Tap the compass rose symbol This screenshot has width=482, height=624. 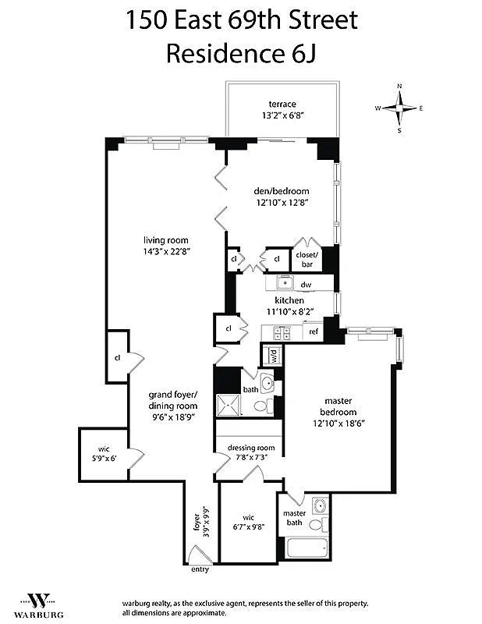click(400, 108)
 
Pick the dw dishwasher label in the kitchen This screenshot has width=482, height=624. click(307, 285)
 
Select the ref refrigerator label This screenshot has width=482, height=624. click(314, 332)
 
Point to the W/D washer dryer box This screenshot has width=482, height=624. click(274, 356)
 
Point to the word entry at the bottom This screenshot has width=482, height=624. click(200, 569)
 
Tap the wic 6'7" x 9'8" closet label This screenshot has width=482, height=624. click(248, 520)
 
